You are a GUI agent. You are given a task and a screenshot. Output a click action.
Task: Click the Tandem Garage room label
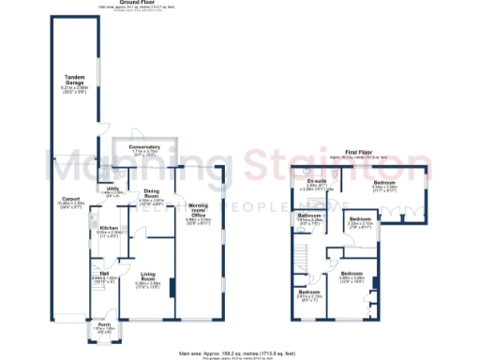tap(75, 79)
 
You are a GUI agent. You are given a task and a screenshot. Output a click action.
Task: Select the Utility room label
tap(112, 188)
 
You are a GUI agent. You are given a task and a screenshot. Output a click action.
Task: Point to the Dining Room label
tap(152, 194)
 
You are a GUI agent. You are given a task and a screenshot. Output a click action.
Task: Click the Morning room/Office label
tap(198, 211)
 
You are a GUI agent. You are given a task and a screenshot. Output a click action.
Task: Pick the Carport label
tap(71, 199)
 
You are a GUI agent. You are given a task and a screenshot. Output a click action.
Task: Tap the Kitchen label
tap(109, 228)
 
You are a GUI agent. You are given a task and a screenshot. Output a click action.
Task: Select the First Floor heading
tap(360, 151)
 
